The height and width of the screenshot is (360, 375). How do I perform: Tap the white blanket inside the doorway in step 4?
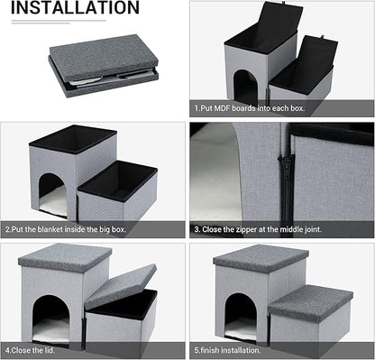pos(51,331)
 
